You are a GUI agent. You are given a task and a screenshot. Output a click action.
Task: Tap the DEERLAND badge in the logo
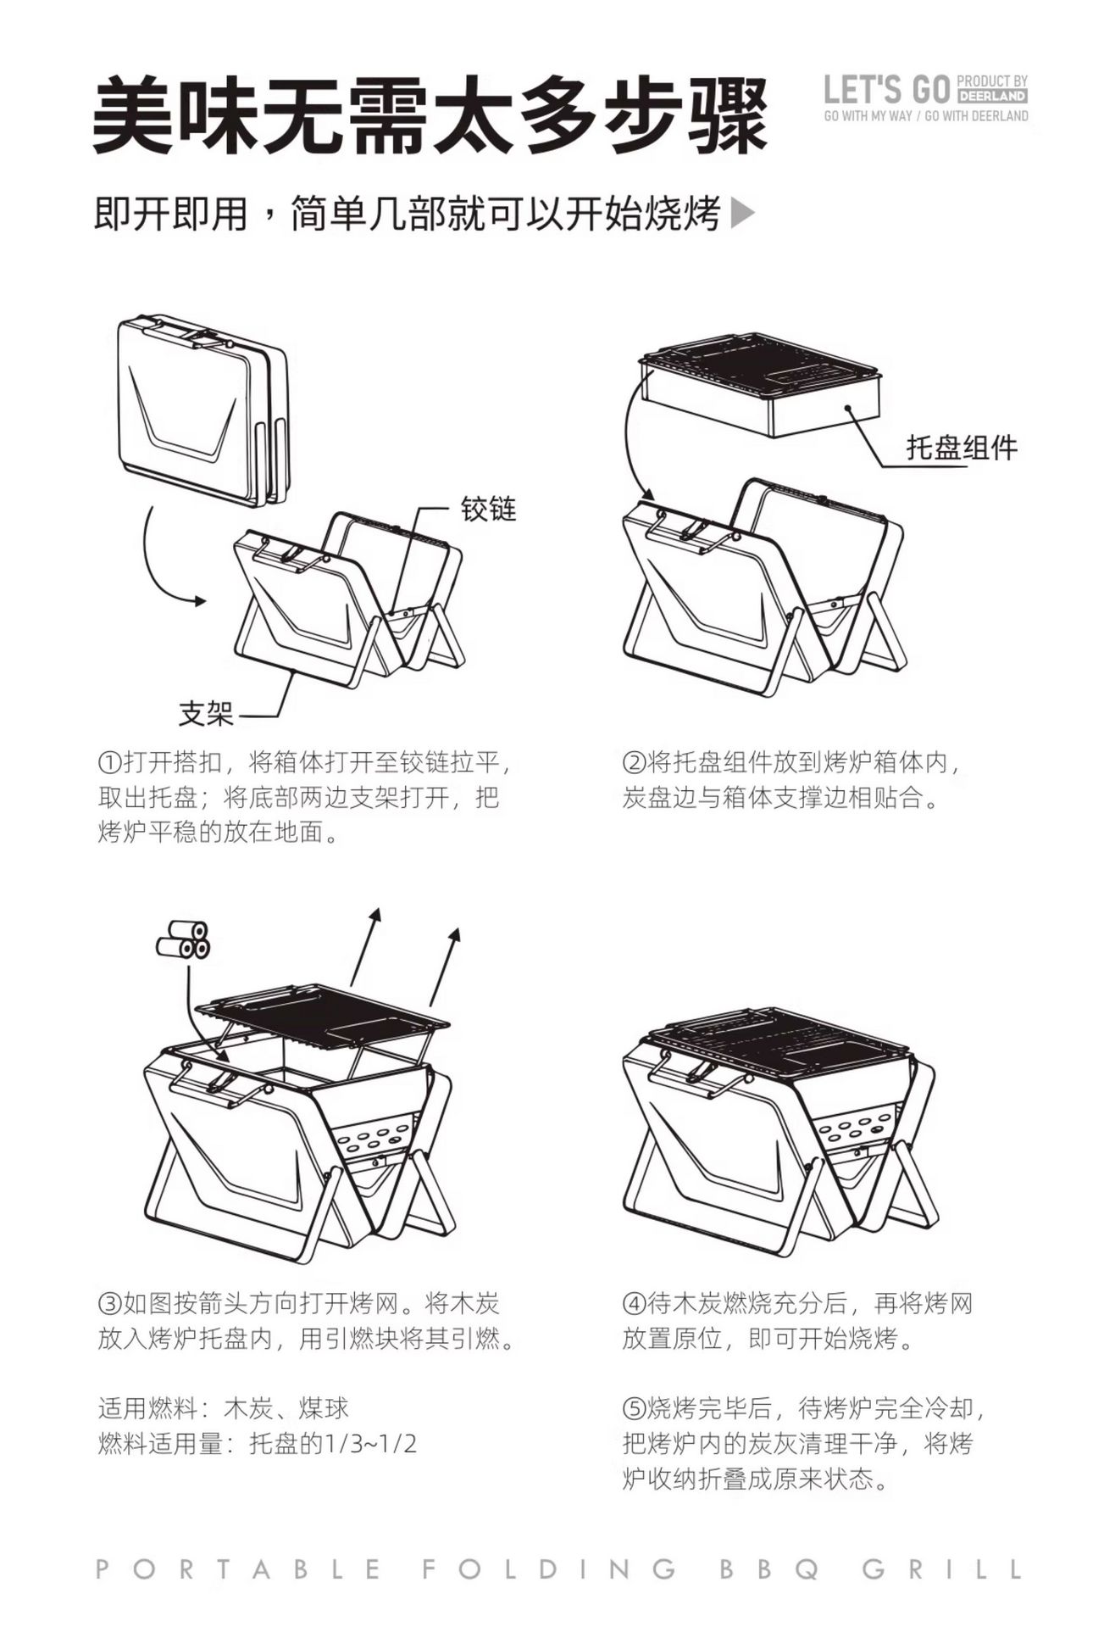point(992,96)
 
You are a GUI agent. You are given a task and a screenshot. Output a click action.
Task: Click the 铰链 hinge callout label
point(488,509)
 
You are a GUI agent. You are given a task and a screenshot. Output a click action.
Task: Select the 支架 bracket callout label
point(206,714)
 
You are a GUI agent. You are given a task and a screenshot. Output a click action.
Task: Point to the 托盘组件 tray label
point(962,447)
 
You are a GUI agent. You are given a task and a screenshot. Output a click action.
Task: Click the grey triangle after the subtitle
point(741,214)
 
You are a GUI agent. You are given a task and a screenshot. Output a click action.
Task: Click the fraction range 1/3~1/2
point(372,1444)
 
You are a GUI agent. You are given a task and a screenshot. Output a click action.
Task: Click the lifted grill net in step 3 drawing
point(322,1011)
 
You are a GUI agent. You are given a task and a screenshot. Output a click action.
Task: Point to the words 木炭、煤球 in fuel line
point(286,1409)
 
